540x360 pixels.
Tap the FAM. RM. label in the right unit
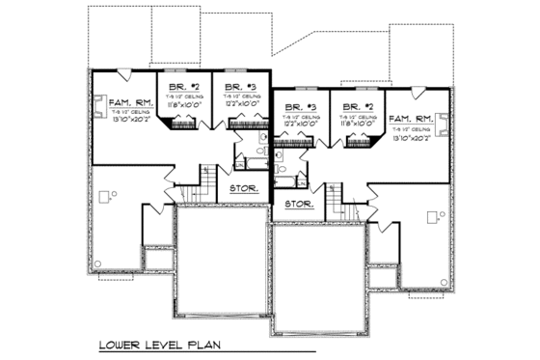point(410,118)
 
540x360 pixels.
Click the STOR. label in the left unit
point(243,188)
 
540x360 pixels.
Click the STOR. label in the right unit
point(299,205)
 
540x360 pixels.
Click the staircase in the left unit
point(205,180)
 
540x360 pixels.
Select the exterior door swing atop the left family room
point(122,73)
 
